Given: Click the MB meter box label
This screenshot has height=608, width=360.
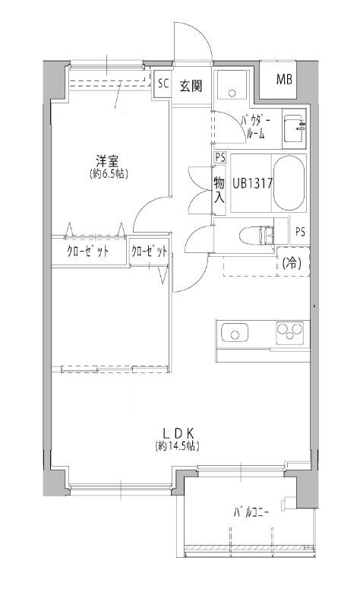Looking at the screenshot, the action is pos(284,80).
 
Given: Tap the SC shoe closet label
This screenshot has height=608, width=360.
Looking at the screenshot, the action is pos(163,84).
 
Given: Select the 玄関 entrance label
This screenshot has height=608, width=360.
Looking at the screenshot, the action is pos(191,85).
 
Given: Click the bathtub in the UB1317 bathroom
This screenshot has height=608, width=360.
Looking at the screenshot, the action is pos(289,183).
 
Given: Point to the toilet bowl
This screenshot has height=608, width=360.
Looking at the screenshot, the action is pos(256,235).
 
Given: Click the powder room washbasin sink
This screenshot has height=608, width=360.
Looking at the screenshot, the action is pos(294,128).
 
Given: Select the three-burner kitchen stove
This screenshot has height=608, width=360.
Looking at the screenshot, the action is pos(289,332).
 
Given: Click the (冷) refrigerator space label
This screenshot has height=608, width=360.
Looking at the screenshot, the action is pos(292,263).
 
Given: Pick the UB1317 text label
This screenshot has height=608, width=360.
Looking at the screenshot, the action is pos(253,183).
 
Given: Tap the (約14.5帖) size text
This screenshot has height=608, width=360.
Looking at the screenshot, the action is pos(178,446).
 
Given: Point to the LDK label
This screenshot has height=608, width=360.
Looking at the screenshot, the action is pos(178,432).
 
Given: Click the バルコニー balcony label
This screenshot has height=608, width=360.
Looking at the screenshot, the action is pos(251,512).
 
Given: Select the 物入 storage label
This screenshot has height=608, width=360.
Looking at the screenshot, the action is pos(219,188).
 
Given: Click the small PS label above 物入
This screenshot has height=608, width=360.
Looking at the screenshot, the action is pos(220,157).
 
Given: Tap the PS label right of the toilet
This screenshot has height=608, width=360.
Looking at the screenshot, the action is pos(300,232).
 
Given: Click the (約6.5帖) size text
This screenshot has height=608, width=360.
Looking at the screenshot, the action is pos(108,174).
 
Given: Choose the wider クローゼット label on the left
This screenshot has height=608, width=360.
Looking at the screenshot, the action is pos(88,252).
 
